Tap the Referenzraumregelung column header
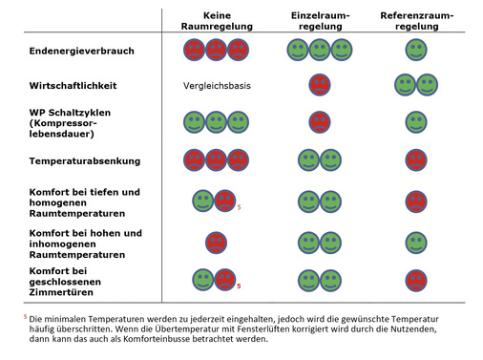(x=416, y=23)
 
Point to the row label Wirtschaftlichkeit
(x=73, y=86)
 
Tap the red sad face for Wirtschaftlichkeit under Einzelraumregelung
(x=319, y=86)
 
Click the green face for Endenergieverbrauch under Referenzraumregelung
(x=415, y=49)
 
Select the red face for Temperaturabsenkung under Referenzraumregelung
(x=415, y=160)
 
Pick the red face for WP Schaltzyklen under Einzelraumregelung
(x=319, y=122)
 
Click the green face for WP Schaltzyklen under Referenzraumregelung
(x=415, y=122)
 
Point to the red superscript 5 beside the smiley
(x=239, y=207)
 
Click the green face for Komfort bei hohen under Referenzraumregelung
(x=415, y=242)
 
